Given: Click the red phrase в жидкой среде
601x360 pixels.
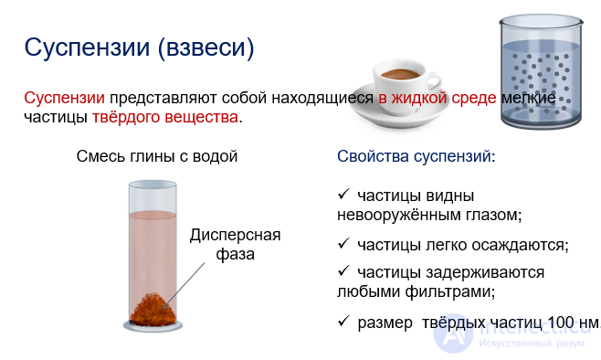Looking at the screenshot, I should pos(438,97).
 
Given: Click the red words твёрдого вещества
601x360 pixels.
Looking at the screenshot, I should pos(165,117).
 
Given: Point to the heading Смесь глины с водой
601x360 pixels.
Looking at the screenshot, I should pos(157,156).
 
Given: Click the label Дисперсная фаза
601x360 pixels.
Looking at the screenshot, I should pos(235,244).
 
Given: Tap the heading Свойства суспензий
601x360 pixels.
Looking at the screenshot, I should pos(416,156).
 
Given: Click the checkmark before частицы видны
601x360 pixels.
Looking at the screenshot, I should pos(343,195).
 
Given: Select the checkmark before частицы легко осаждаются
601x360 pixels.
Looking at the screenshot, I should pos(343,244).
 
